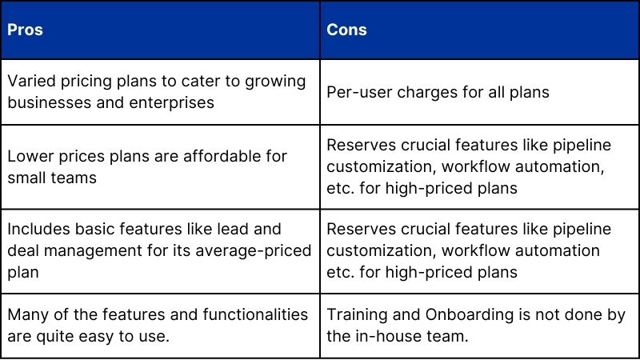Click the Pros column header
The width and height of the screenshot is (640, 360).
[x=25, y=30]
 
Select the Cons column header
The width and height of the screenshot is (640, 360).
[x=346, y=30]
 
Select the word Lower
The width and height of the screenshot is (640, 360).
[x=29, y=156]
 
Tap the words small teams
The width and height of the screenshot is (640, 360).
[x=51, y=177]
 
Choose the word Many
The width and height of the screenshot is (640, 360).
[x=26, y=314]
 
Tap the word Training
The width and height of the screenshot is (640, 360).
[x=356, y=314]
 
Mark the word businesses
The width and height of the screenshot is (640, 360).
[x=45, y=102]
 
